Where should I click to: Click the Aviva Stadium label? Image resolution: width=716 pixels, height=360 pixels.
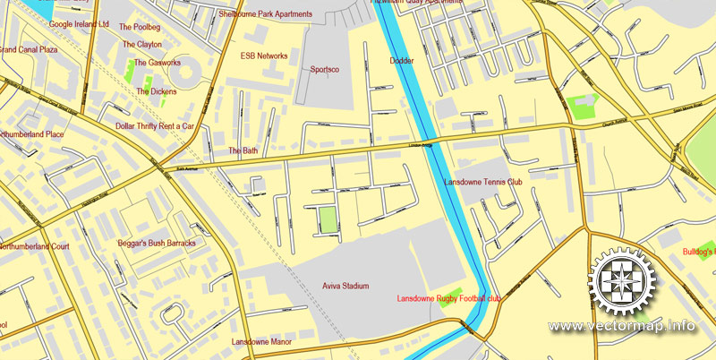(345, 287)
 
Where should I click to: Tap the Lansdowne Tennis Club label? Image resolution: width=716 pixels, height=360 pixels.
(482, 183)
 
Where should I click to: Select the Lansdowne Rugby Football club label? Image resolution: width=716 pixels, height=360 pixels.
(448, 298)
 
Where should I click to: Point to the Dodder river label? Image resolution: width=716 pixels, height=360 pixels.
(402, 61)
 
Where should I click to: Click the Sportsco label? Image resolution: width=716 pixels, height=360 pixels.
(324, 69)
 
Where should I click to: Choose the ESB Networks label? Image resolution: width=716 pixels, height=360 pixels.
(264, 56)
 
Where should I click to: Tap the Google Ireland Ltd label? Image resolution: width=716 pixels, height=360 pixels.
(79, 24)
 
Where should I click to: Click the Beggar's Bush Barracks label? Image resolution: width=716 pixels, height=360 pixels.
(157, 244)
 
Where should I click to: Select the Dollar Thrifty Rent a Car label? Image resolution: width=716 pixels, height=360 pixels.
(155, 126)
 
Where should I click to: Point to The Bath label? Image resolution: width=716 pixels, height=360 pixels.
(243, 150)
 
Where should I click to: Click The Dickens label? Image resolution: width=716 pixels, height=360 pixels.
(157, 91)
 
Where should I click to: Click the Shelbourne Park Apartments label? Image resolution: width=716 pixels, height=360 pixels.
(266, 14)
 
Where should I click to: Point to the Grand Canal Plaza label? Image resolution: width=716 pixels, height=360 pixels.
(29, 50)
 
